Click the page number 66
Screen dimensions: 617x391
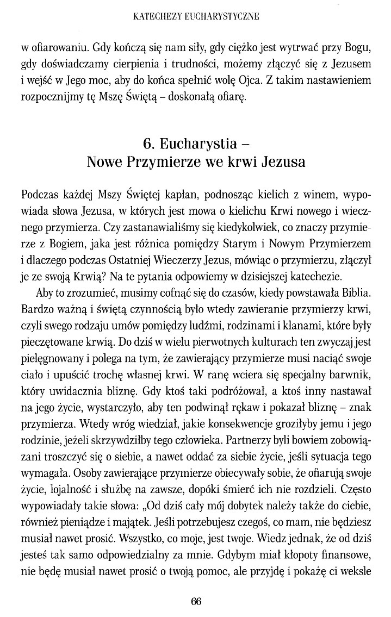(x=196, y=601)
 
